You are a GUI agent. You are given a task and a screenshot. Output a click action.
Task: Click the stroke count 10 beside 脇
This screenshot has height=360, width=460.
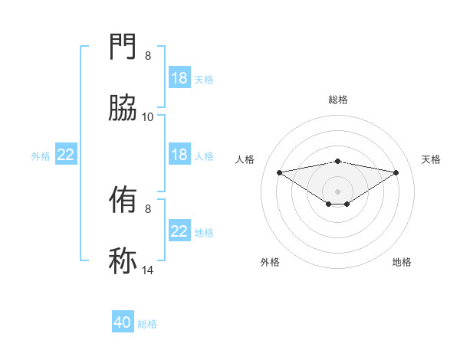coord(148,116)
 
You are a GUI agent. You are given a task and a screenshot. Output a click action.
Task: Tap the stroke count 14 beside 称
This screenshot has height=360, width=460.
coord(148,270)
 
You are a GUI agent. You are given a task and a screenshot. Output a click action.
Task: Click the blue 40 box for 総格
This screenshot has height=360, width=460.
coord(123,322)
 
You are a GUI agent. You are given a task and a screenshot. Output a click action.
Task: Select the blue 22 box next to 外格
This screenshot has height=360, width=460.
coord(66,155)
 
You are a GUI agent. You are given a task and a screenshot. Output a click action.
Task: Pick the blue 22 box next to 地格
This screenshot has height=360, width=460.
coord(179,231)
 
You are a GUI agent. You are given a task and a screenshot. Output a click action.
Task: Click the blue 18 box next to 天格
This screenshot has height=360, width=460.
coord(179,78)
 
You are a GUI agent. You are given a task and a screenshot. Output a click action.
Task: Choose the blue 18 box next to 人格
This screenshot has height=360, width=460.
coord(179,155)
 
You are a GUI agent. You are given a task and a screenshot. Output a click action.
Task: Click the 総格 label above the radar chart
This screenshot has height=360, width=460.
coord(337,100)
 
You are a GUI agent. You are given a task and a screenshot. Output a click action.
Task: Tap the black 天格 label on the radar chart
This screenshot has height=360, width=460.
coord(431,159)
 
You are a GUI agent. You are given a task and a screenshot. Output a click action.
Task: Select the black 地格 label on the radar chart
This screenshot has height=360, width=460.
coord(402,262)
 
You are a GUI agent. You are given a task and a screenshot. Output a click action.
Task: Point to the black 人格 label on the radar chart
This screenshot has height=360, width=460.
coord(245,159)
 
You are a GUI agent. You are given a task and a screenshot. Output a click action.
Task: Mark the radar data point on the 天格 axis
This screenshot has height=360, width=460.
coord(396,172)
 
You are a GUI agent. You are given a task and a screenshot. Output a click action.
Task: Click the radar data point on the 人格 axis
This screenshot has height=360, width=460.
coord(279,172)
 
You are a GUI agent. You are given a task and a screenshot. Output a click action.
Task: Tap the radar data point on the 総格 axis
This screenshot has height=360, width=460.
coord(337,161)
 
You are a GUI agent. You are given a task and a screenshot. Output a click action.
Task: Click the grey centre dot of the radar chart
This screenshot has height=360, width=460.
coord(337,191)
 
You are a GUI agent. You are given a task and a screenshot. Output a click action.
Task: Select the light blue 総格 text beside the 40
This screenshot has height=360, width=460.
coord(147,324)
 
